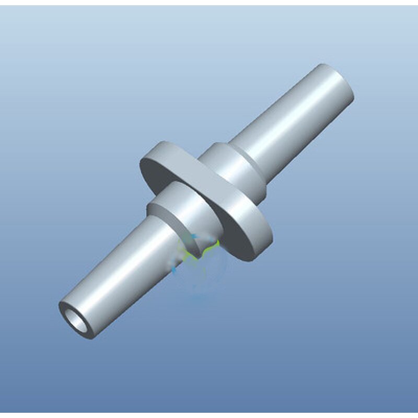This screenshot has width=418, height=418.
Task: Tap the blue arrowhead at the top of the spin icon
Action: pos(193,237)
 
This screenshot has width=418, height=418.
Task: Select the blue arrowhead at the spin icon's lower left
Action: pos(174,270)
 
